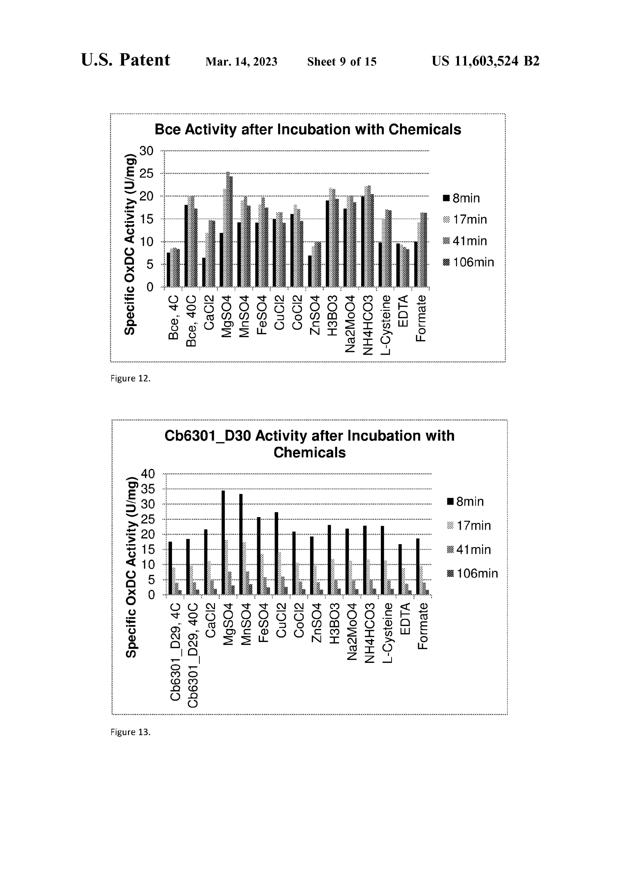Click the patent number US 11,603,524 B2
click(x=485, y=61)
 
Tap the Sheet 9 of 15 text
click(x=341, y=62)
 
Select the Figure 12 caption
click(x=130, y=378)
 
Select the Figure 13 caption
click(x=130, y=732)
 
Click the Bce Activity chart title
click(x=308, y=129)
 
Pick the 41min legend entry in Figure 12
click(x=465, y=241)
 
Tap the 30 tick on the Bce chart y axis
click(x=147, y=151)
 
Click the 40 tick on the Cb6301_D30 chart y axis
click(x=148, y=473)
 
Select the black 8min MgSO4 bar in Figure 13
click(x=223, y=542)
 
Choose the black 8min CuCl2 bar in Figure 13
click(x=276, y=553)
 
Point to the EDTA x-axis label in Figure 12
click(x=403, y=311)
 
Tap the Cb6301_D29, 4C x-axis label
click(x=175, y=651)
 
